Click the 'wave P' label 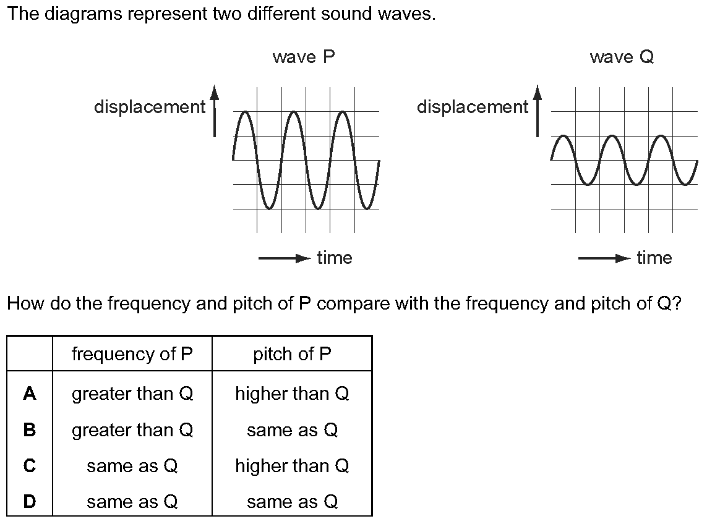304,57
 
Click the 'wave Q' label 622,57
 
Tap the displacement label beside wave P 150,107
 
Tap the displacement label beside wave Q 473,107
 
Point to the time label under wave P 335,258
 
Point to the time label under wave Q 654,258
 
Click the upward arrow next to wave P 214,111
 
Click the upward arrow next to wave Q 538,111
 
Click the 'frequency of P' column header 132,354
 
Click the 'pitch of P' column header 292,354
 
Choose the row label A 30,394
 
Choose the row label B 30,430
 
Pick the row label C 30,466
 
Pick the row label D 30,502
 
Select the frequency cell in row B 132,430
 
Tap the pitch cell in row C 292,466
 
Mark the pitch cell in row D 292,502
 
